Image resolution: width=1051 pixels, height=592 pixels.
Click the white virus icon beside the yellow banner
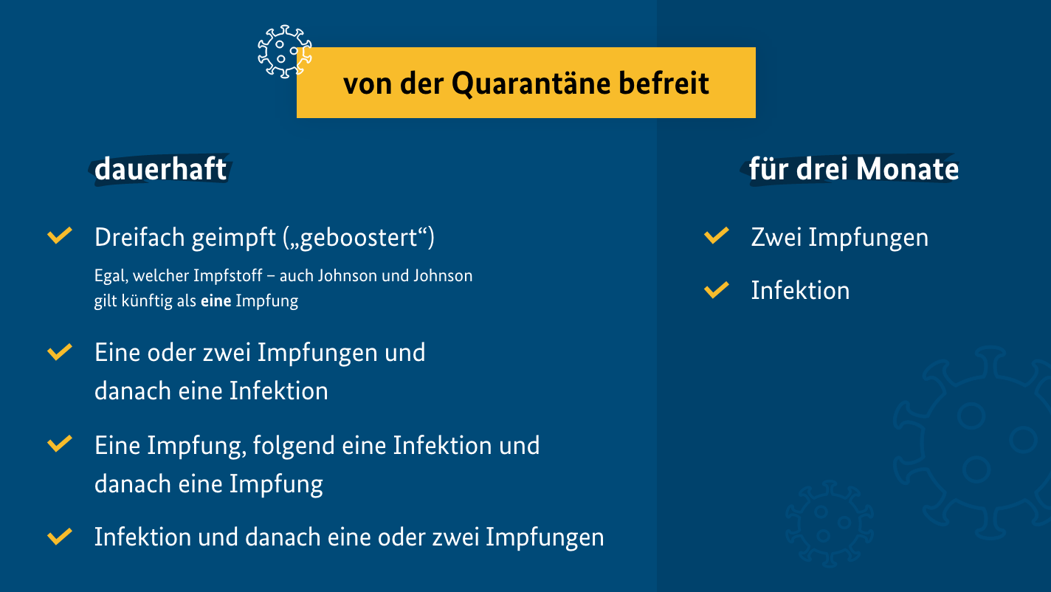(x=284, y=52)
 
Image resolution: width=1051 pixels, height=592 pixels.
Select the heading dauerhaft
(x=160, y=169)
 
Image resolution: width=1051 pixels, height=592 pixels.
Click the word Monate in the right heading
(x=907, y=169)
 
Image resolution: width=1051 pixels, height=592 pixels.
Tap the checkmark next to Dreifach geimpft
(x=60, y=235)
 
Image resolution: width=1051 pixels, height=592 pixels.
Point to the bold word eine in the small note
(x=216, y=300)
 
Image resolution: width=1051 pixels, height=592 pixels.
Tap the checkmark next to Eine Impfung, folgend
(x=60, y=444)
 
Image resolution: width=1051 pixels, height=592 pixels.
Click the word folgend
(x=294, y=446)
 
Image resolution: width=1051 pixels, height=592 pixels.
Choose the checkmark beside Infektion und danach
(x=60, y=537)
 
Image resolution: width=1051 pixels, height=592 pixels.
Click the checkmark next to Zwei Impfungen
(x=717, y=235)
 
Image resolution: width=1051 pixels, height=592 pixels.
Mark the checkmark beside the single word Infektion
(x=717, y=290)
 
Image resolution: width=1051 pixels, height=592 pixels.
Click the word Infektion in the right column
(x=800, y=290)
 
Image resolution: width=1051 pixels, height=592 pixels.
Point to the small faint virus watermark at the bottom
(x=829, y=523)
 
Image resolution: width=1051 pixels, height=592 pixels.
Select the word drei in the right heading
(x=823, y=169)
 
